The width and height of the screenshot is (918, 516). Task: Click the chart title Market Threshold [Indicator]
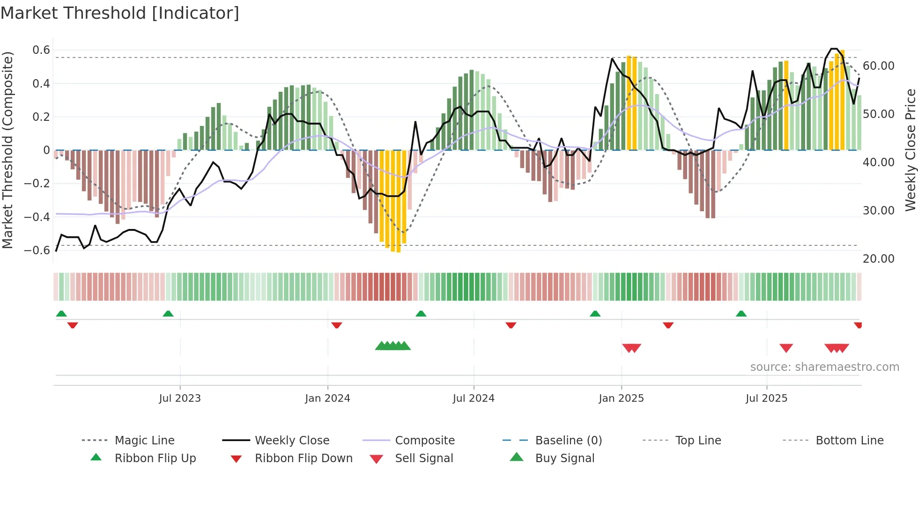[120, 13]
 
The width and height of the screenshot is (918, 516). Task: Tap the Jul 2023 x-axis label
[180, 398]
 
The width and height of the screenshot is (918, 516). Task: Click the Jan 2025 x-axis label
[621, 398]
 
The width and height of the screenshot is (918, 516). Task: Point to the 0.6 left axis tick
[41, 50]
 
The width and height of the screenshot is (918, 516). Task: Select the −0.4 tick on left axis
[37, 217]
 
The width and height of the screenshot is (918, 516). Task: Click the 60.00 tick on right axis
[878, 66]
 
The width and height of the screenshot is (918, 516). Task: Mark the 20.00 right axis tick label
[878, 258]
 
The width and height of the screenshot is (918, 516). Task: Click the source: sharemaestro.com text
[824, 367]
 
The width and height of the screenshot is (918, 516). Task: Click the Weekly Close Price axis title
[910, 150]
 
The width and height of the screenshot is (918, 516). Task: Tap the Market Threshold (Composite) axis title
[7, 150]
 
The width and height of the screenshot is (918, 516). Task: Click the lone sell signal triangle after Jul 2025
[786, 347]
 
